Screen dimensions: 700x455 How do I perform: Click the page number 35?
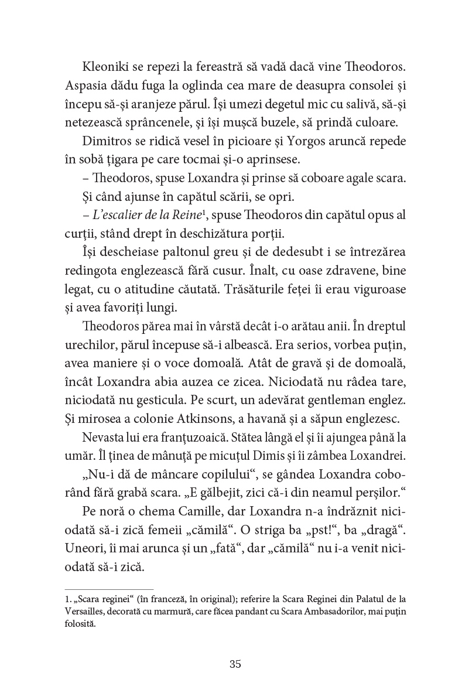[235, 664]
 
